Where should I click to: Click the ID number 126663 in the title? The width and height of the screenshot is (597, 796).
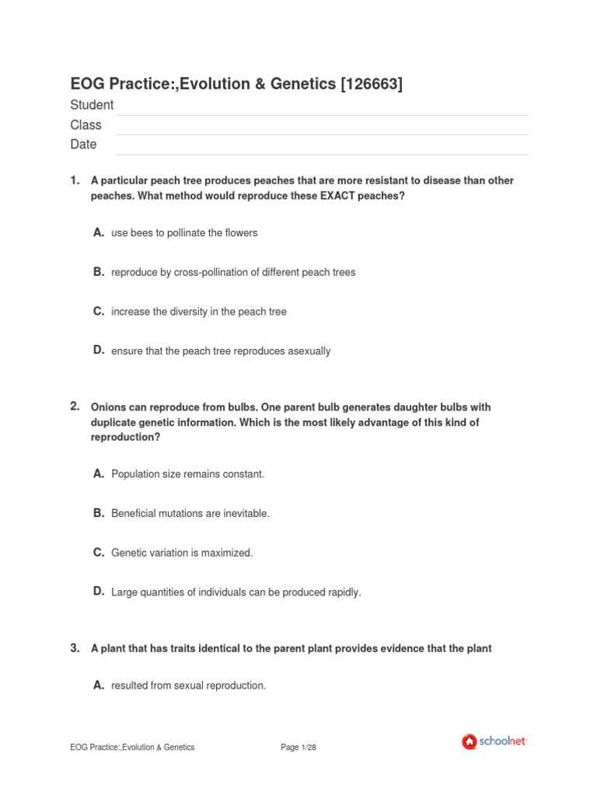372,85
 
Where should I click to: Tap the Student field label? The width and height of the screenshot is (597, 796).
92,105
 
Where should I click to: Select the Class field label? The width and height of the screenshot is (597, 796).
86,124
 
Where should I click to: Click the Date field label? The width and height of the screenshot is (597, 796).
83,144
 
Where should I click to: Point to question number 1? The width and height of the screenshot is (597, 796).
75,180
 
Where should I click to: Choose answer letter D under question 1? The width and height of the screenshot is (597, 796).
99,350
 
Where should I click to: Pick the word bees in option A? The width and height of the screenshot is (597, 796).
142,232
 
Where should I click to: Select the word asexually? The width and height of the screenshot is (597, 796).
309,351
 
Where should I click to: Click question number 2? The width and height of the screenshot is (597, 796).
75,406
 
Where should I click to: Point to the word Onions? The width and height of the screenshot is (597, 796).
107,407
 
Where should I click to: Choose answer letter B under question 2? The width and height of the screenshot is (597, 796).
99,512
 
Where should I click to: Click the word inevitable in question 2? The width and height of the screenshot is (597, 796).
244,514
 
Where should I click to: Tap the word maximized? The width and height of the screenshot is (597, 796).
228,553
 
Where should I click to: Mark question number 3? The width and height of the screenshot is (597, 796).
75,647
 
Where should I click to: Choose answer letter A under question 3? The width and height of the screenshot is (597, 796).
99,685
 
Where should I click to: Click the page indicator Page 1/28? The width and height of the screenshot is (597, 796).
298,747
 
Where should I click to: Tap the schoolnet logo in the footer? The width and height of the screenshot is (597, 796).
494,742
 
